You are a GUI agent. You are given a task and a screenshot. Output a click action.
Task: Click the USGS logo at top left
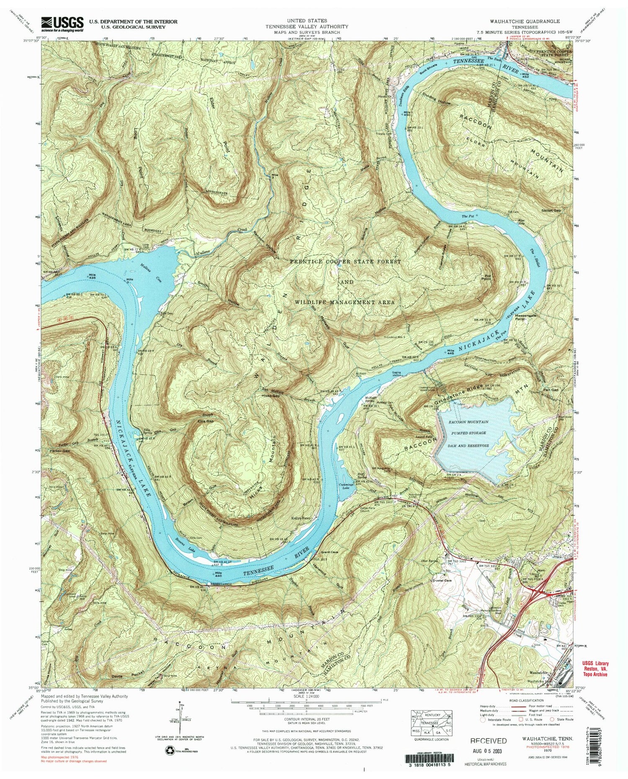(62, 24)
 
